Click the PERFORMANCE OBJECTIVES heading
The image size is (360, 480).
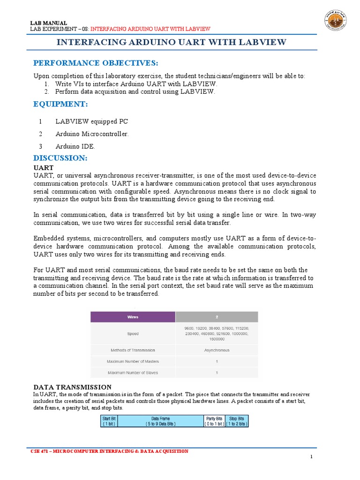pos(96,63)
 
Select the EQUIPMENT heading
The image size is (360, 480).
pos(60,104)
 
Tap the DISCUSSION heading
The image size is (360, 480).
pos(60,158)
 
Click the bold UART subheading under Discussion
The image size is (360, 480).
pos(43,167)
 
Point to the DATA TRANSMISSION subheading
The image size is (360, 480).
pos(72,387)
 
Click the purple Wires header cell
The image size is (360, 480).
pos(133,317)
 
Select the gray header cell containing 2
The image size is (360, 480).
pos(217,317)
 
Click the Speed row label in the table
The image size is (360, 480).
pos(133,334)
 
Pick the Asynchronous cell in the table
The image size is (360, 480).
pos(217,350)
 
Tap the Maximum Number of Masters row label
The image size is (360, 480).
pos(133,361)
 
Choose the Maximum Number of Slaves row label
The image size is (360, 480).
pos(133,373)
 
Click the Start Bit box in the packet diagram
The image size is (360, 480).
pos(109,421)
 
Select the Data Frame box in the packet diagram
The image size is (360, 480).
pos(160,421)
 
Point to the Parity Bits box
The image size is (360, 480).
pos(214,421)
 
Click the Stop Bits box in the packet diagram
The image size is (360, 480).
pos(237,421)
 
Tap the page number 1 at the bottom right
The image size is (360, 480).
pos(311,457)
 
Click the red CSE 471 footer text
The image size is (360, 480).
pos(109,451)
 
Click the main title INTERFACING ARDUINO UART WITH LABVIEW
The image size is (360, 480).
pos(171,43)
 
